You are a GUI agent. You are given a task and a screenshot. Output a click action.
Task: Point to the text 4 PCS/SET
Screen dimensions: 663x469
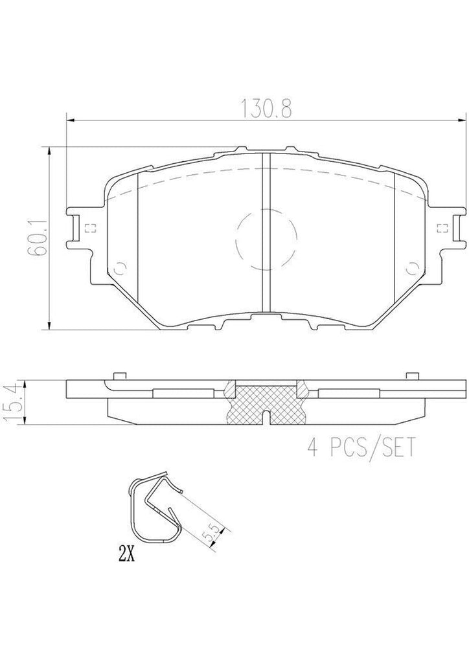(360, 447)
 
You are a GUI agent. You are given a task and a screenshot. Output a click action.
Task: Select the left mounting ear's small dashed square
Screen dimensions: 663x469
(89, 227)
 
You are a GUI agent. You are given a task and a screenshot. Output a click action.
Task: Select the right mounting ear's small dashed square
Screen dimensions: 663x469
(443, 227)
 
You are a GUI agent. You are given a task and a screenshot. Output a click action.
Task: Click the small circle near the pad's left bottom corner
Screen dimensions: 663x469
(119, 268)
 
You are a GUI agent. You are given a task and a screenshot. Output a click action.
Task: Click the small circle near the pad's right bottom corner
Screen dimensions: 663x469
(409, 268)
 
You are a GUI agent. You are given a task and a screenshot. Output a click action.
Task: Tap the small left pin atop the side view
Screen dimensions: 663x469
(117, 376)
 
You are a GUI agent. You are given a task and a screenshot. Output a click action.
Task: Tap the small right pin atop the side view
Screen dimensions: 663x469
(409, 376)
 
